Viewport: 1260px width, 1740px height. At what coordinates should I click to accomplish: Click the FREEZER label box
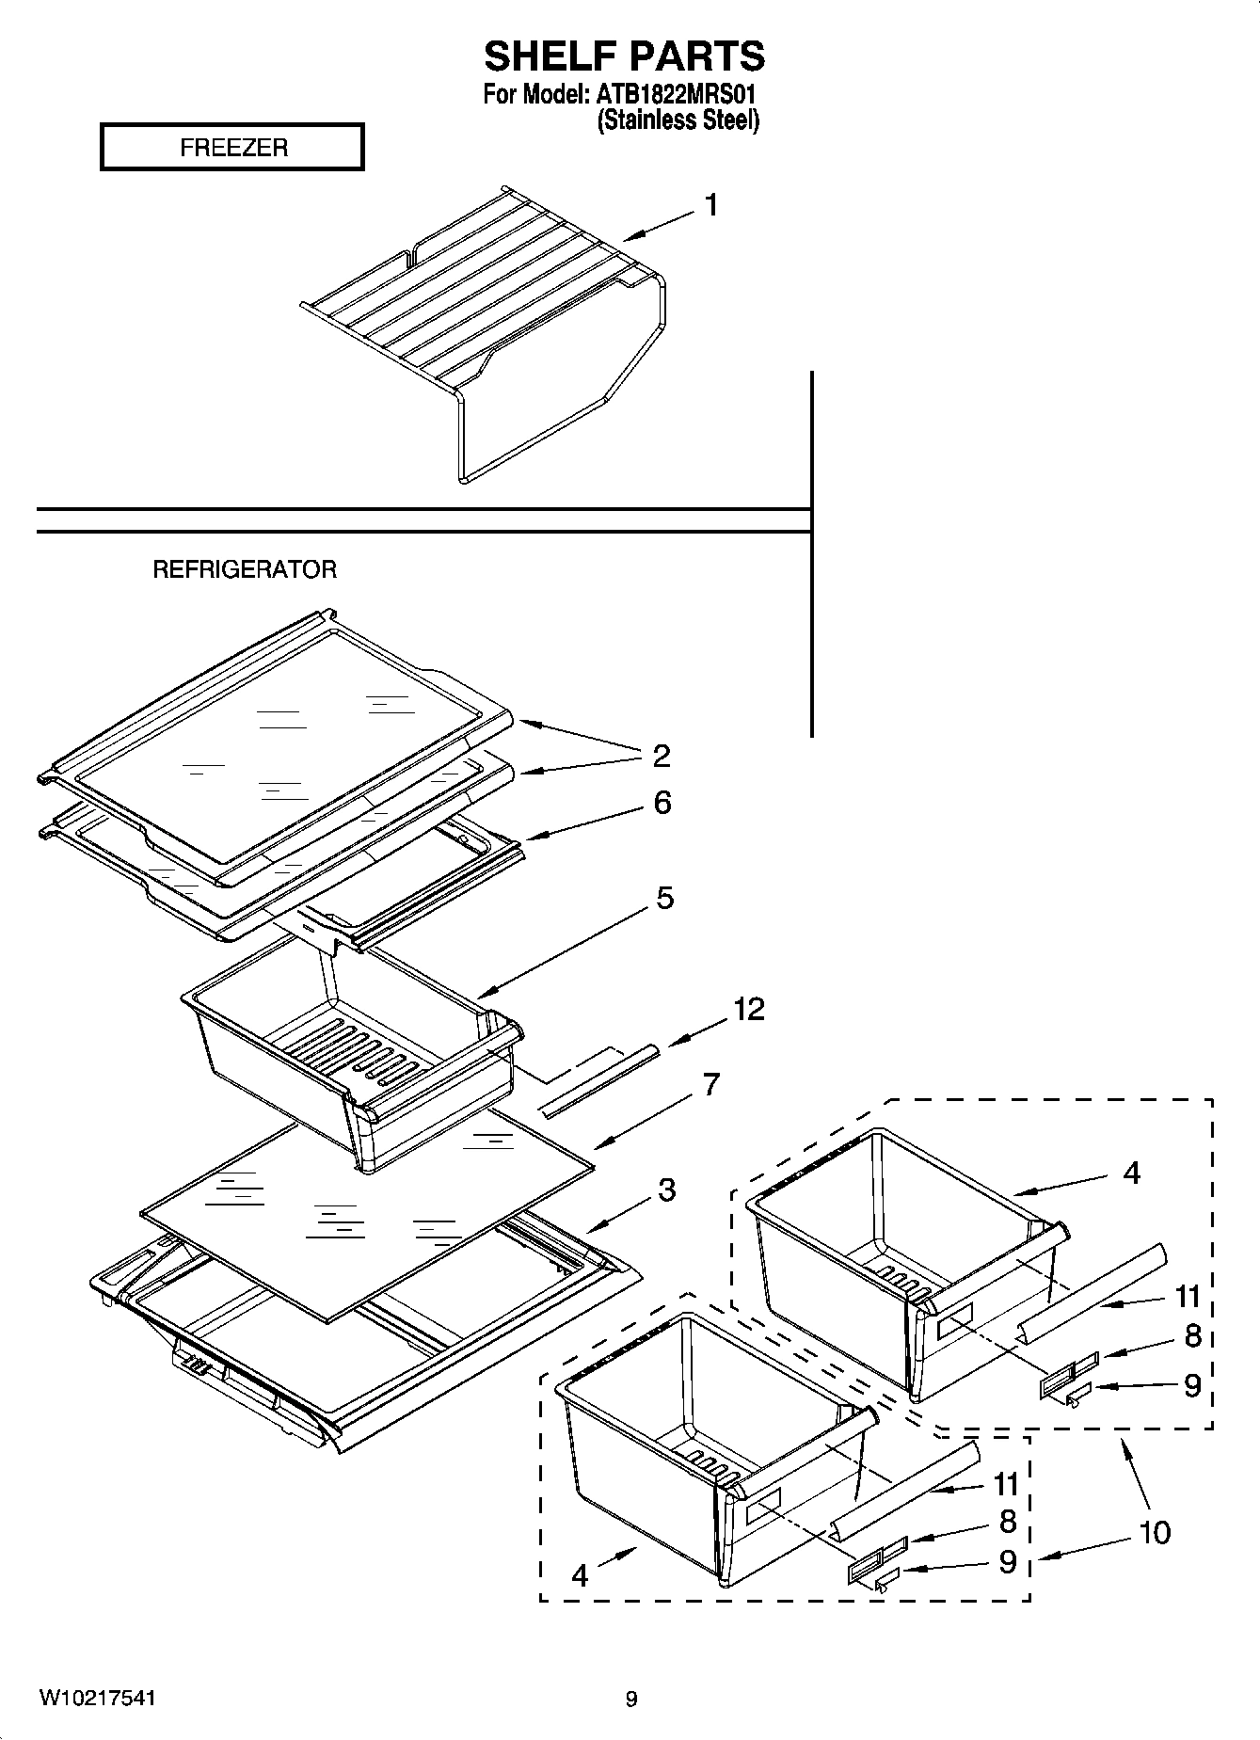pos(232,148)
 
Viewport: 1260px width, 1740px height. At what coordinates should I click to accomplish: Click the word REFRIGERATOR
pos(245,569)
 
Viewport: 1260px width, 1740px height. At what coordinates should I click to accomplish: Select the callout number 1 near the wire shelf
pos(711,204)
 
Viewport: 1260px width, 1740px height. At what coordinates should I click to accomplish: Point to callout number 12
pos(749,1010)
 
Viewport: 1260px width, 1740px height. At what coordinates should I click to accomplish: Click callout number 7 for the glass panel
pos(710,1084)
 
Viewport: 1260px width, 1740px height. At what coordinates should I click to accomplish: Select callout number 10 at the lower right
pos(1155,1532)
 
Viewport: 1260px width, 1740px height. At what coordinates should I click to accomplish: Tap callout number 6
pos(662,803)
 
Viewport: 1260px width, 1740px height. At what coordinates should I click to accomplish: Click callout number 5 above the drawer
pos(664,898)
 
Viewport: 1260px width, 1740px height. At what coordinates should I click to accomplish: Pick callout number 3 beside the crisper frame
pos(666,1190)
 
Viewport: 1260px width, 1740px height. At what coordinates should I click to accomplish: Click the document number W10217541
pos(98,1699)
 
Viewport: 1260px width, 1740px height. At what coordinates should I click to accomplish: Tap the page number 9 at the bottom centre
pos(631,1700)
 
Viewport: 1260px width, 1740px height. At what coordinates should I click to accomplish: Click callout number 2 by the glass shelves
pos(662,755)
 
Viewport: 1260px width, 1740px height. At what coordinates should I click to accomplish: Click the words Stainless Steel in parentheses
pos(678,120)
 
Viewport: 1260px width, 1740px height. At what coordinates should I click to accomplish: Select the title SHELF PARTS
pos(625,56)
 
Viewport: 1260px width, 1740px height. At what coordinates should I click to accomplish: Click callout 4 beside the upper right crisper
pos(1131,1173)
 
